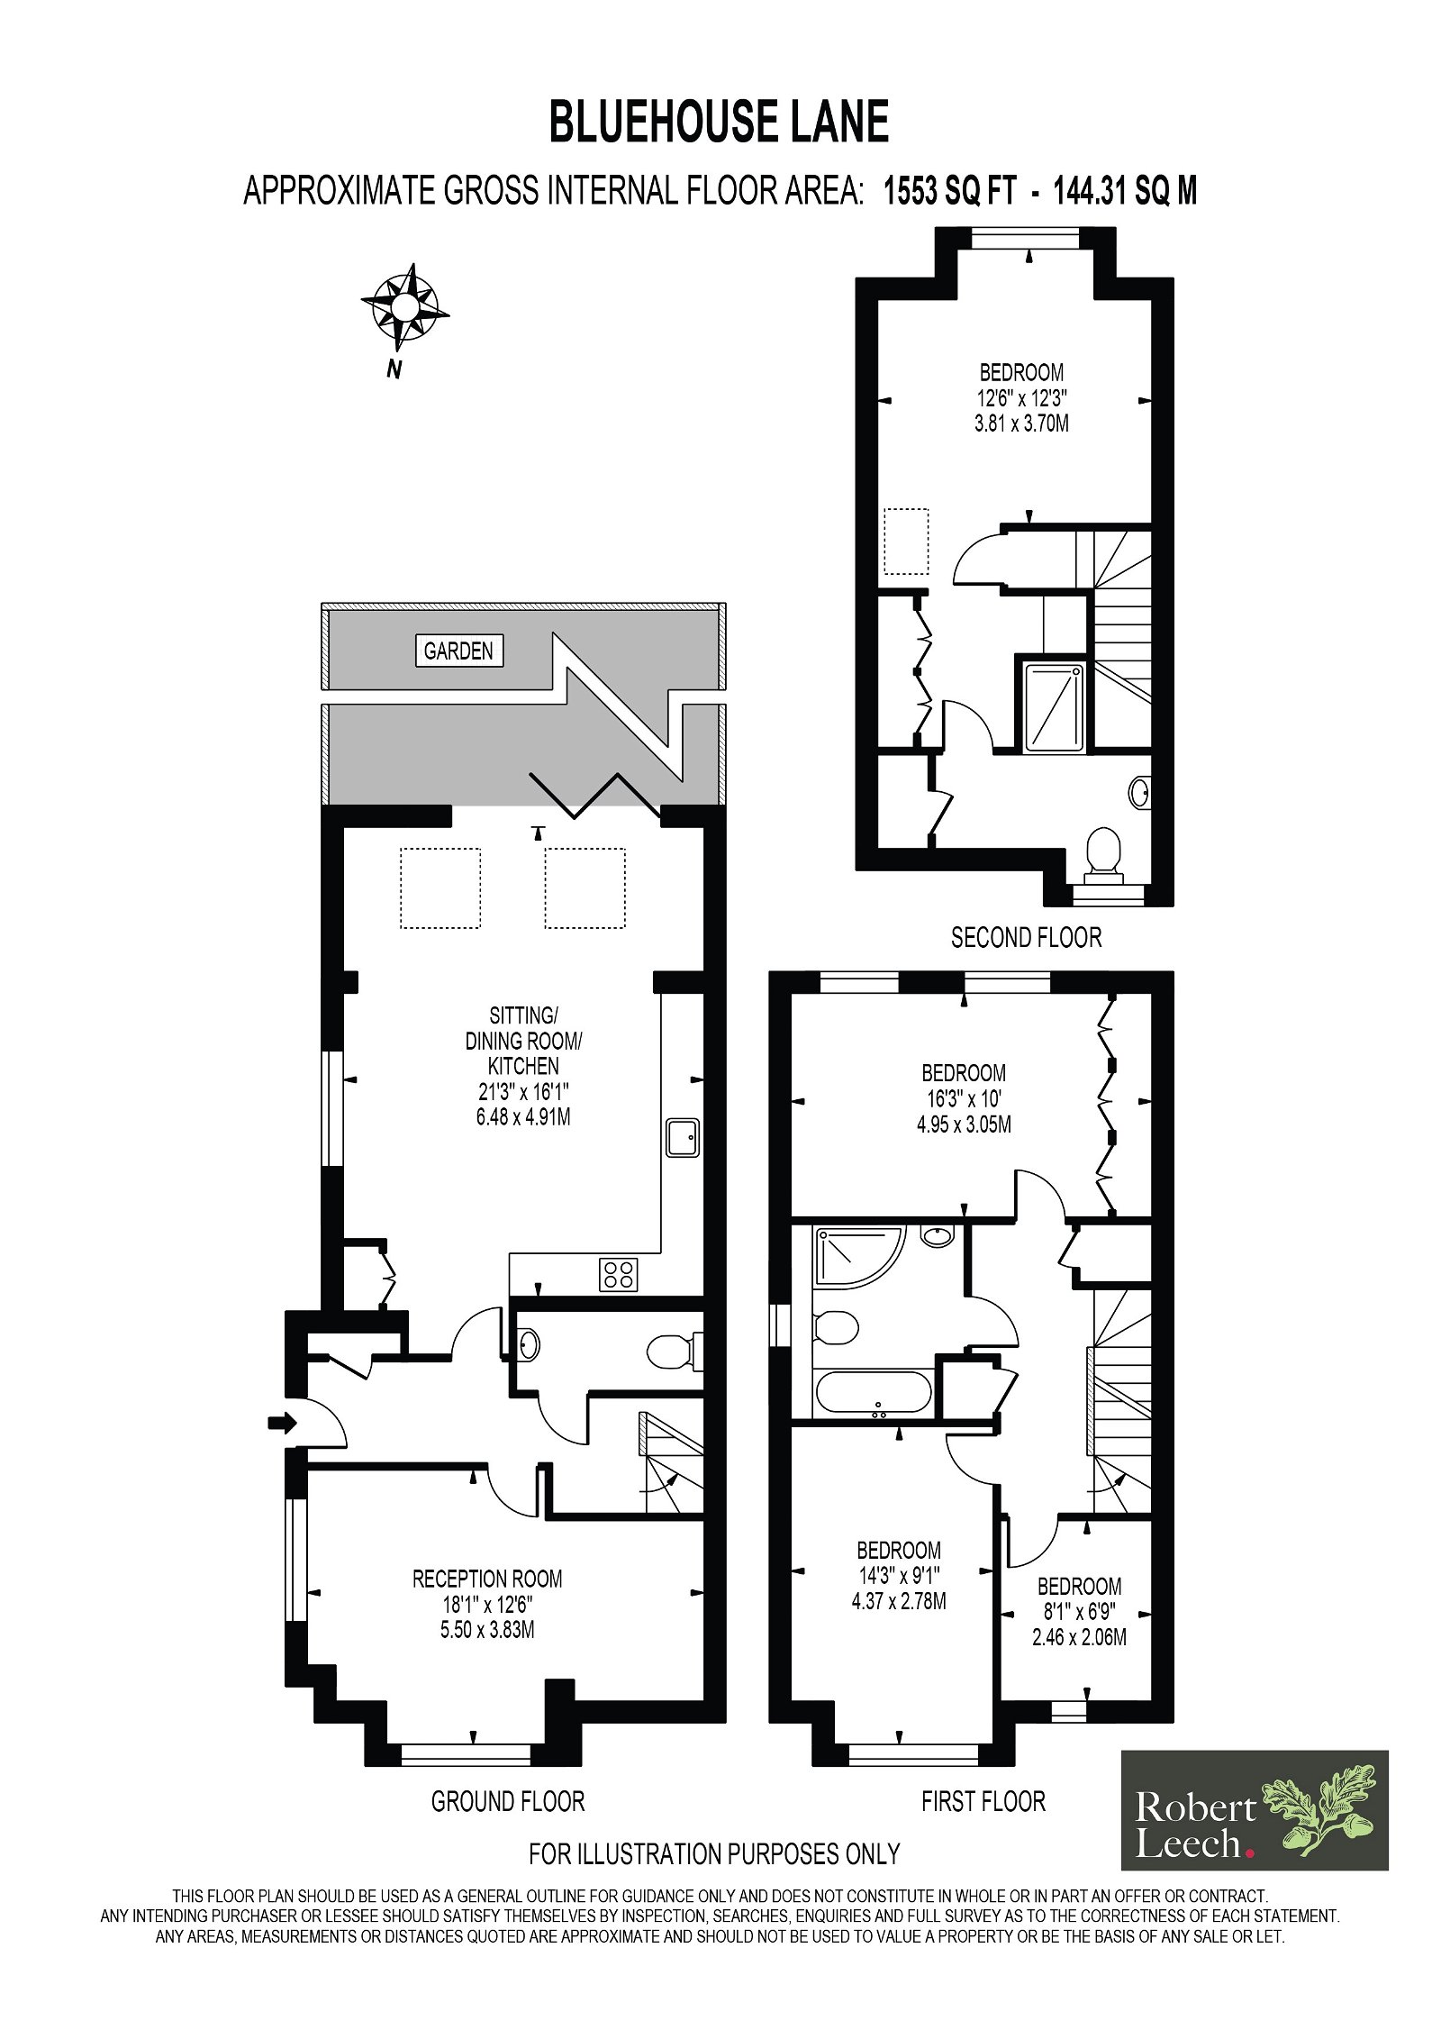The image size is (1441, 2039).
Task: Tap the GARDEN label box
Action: tap(458, 651)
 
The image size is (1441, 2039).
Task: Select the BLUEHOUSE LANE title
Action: tap(719, 123)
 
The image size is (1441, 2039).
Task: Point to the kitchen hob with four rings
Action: tap(619, 1273)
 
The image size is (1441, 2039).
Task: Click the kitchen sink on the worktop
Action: tap(683, 1137)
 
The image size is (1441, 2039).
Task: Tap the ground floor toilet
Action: tap(675, 1352)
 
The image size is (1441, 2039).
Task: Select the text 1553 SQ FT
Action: tap(950, 191)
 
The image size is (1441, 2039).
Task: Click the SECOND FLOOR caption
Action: tap(1027, 938)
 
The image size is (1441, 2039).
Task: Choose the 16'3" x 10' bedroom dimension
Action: tap(964, 1098)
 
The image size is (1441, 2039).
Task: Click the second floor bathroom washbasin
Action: tap(1139, 792)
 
